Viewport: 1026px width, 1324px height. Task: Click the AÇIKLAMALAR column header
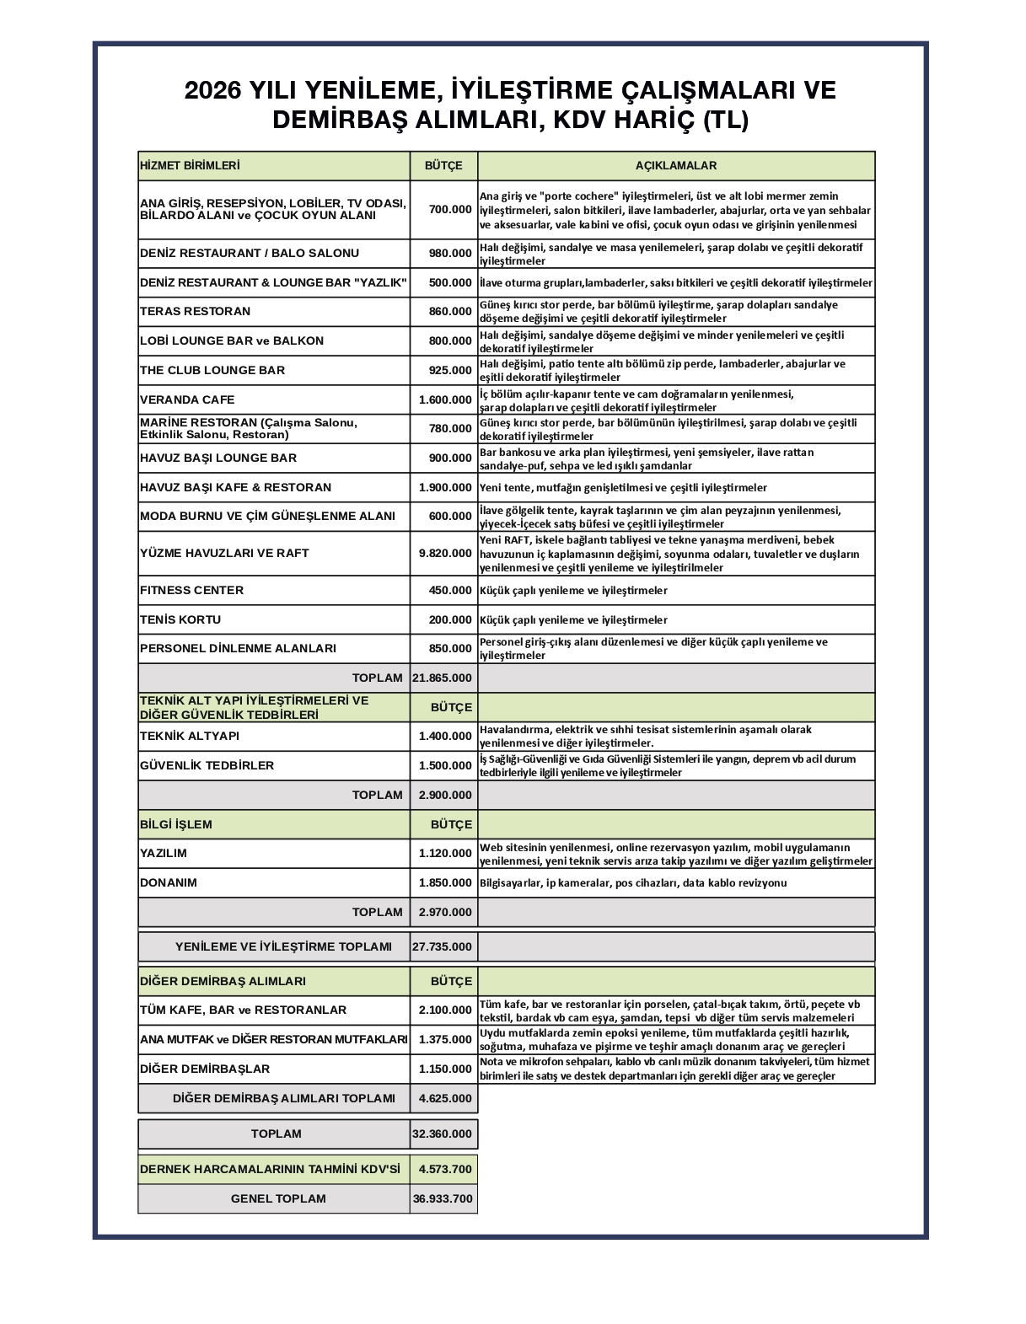coord(675,166)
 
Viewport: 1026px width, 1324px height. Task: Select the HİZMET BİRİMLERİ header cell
coord(190,166)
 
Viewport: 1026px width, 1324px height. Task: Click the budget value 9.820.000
coord(445,554)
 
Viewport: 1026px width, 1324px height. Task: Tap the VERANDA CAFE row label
coord(188,399)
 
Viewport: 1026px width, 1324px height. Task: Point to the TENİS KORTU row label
coord(180,619)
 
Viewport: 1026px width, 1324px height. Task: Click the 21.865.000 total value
coord(443,678)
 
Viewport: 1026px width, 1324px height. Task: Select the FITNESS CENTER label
coord(191,590)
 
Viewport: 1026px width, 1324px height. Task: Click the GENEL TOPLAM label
coord(278,1198)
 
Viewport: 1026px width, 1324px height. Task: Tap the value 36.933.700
coord(443,1198)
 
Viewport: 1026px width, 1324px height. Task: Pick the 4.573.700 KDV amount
coord(445,1169)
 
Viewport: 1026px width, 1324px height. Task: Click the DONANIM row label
coord(169,882)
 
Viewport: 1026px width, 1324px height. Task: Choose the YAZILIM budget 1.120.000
coord(445,853)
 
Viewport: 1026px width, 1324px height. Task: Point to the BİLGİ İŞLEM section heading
coord(176,824)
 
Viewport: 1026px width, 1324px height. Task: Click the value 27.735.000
coord(443,946)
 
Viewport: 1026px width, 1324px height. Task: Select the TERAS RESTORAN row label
coord(196,311)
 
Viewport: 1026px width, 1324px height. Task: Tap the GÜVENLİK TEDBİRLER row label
coord(207,765)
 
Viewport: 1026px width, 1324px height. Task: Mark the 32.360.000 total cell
coord(443,1134)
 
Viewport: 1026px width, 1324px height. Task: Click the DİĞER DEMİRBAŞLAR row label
coord(205,1069)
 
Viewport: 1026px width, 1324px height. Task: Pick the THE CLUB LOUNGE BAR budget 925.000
coord(450,370)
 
